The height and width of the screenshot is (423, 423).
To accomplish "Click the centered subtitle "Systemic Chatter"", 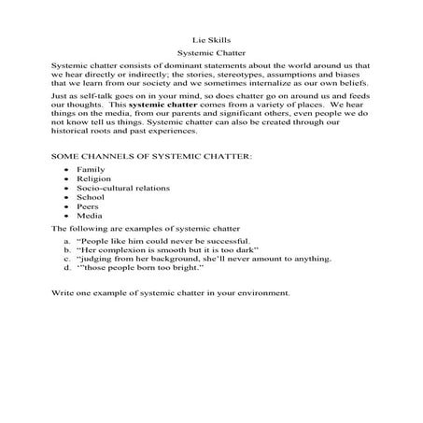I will (210, 56).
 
